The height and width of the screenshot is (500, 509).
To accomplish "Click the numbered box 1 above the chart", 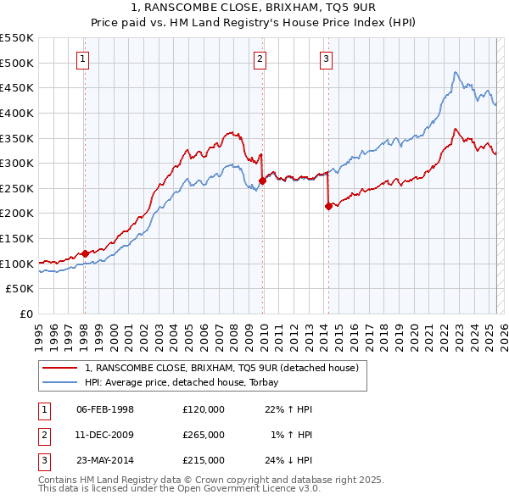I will [83, 58].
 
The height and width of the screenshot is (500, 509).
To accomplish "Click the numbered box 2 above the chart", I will [259, 58].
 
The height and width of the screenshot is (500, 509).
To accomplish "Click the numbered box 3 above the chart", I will [327, 58].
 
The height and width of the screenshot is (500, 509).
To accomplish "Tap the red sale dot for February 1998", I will [85, 253].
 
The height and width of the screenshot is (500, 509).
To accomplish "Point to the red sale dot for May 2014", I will [328, 205].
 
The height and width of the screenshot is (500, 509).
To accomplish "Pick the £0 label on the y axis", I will [26, 314].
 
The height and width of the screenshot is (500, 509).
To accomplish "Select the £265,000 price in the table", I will [204, 435].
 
